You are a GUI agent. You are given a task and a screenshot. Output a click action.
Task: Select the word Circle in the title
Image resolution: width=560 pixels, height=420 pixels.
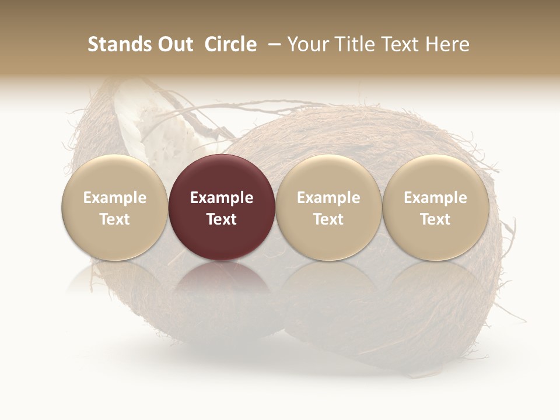[x=230, y=44]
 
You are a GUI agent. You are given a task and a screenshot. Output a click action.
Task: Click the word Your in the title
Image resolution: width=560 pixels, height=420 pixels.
[x=305, y=44]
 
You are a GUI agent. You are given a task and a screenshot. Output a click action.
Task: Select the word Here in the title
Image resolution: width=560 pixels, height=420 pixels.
[x=447, y=44]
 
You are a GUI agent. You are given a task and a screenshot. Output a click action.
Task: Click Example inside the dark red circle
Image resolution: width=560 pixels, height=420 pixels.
[x=222, y=198]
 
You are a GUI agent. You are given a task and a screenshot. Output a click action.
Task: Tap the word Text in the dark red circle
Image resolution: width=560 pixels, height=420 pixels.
[x=222, y=219]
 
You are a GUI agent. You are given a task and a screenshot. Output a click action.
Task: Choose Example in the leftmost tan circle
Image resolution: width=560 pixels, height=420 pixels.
[x=115, y=198]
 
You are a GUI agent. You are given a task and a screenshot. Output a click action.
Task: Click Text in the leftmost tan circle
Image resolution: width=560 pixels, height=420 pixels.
[x=115, y=219]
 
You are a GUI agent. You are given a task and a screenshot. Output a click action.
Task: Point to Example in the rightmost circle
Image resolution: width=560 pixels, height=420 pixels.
[x=435, y=198]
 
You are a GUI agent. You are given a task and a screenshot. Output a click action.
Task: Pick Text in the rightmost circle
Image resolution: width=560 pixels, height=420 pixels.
[x=435, y=219]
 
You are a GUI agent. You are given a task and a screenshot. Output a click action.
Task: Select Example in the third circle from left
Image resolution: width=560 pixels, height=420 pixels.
[x=328, y=198]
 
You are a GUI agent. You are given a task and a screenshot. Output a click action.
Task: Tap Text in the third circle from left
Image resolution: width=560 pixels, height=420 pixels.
[x=328, y=219]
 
